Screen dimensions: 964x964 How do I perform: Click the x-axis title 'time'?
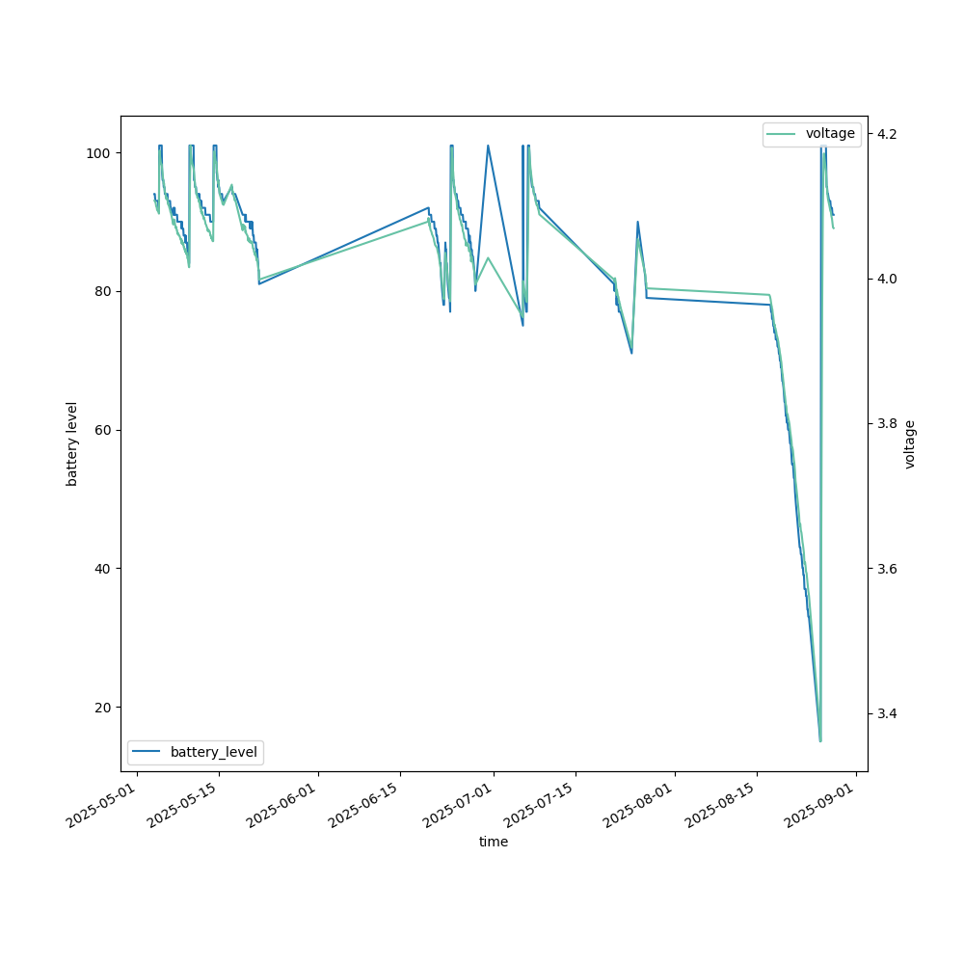[x=494, y=842]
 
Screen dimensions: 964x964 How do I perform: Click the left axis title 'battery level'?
[x=72, y=443]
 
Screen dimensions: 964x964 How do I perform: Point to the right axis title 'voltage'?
[x=910, y=443]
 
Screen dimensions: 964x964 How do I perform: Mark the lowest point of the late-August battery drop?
[x=820, y=740]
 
